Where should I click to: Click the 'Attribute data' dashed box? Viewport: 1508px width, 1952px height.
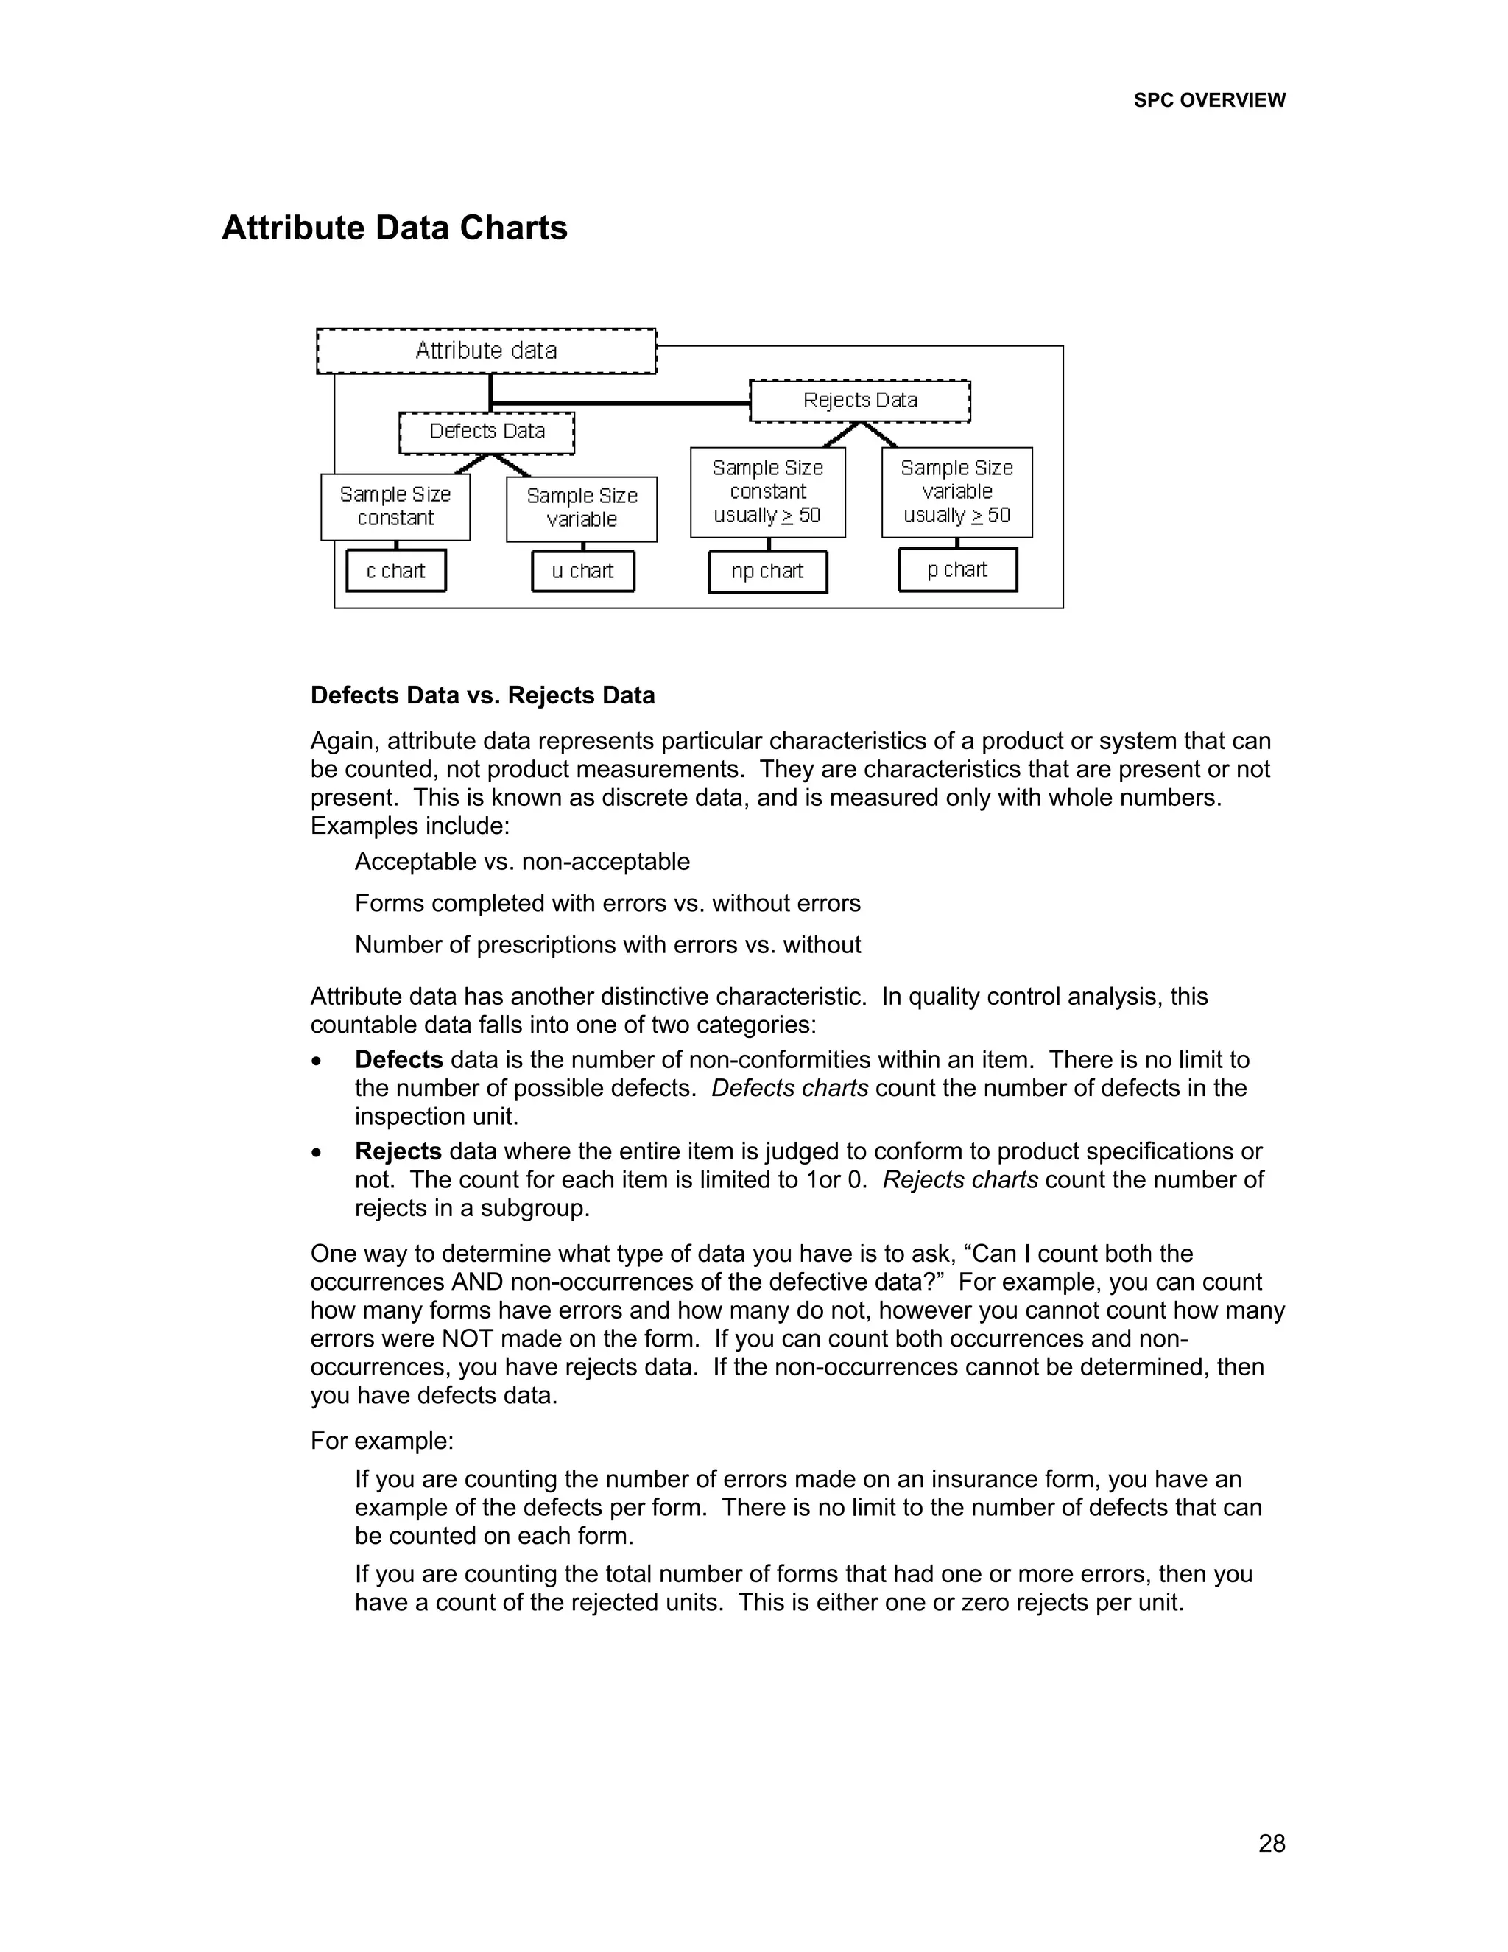(486, 351)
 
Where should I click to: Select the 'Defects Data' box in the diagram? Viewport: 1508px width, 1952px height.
(486, 432)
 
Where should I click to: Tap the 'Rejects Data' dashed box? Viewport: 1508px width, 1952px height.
(859, 401)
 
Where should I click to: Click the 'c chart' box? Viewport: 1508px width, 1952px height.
(395, 571)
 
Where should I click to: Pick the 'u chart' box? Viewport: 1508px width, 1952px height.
(582, 571)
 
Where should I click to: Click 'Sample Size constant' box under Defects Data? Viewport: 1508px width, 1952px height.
(395, 507)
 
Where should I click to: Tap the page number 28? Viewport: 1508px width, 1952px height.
(1271, 1843)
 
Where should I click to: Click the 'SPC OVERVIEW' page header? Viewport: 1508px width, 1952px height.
(1209, 101)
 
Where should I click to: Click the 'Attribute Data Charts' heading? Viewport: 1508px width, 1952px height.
(394, 228)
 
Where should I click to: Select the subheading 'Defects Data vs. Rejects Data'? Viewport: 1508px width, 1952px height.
(482, 695)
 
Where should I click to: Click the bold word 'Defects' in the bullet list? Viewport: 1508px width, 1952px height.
(398, 1060)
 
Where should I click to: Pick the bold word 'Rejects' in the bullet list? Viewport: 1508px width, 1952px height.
(398, 1151)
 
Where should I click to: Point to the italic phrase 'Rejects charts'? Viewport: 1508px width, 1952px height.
(960, 1180)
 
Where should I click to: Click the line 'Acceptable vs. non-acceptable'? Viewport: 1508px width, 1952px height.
(522, 862)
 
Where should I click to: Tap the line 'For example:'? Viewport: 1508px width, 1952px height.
(381, 1441)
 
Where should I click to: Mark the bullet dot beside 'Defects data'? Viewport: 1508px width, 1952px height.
(316, 1061)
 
